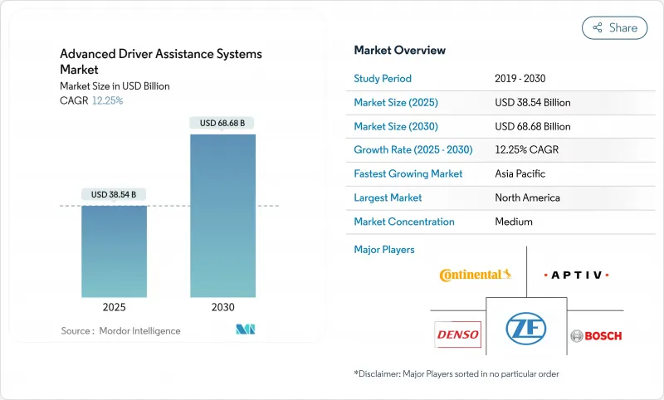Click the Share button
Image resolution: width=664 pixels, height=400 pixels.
coord(614,27)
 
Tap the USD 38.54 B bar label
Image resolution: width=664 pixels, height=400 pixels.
coord(114,194)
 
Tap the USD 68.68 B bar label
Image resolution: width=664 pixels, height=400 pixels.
coord(222,123)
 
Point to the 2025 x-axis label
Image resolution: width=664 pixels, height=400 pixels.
coord(114,306)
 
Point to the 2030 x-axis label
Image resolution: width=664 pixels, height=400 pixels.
coord(222,306)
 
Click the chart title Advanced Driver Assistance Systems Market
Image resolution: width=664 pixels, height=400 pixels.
coord(160,62)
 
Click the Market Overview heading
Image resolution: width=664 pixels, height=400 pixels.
coord(399,50)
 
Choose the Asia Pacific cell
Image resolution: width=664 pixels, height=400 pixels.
coord(520,174)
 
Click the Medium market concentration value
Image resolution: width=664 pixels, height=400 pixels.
coord(513,222)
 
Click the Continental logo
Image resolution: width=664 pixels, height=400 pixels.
coord(476,274)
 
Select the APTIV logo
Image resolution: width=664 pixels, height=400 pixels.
coord(576,275)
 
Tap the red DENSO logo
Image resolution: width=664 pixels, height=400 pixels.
coord(456,334)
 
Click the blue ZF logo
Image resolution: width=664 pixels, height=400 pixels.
coord(526,329)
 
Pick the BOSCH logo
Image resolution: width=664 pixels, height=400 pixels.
coord(596,335)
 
